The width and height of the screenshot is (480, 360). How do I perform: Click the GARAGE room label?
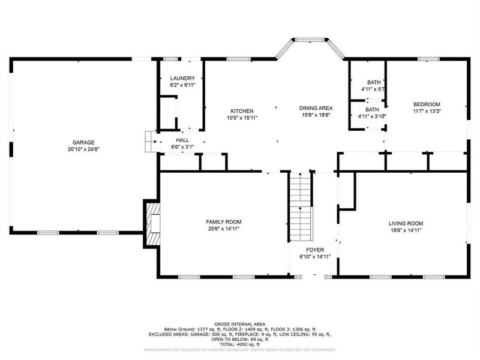click(84, 142)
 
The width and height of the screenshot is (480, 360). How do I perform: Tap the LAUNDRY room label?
click(182, 79)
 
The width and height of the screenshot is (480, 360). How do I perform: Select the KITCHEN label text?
click(242, 111)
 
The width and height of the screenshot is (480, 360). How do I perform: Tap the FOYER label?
click(314, 249)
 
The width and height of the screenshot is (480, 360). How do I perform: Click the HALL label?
click(182, 139)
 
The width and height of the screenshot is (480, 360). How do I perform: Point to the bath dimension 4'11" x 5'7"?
click(373, 89)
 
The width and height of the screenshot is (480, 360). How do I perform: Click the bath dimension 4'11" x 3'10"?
click(373, 116)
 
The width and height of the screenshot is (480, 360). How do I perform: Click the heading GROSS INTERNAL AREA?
click(239, 324)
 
